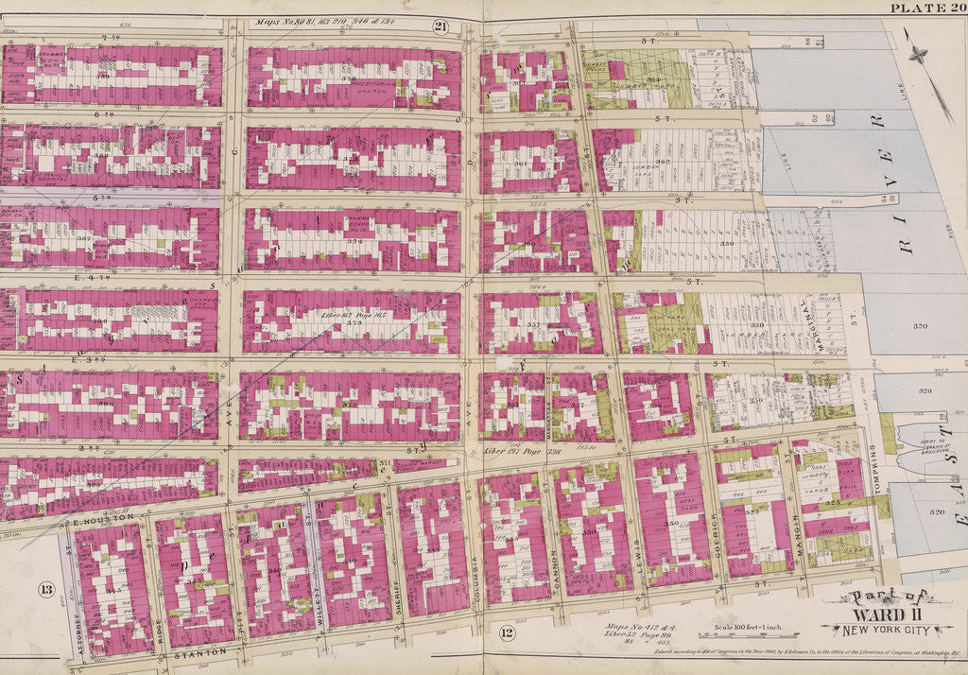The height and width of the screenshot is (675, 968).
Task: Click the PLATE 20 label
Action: coord(927,9)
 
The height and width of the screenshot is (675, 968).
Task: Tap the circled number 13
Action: coord(44,591)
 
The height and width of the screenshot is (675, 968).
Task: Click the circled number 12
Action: coord(507,632)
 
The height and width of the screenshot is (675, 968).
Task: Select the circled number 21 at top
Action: coord(440,26)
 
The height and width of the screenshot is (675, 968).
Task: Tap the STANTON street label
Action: coord(199,652)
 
